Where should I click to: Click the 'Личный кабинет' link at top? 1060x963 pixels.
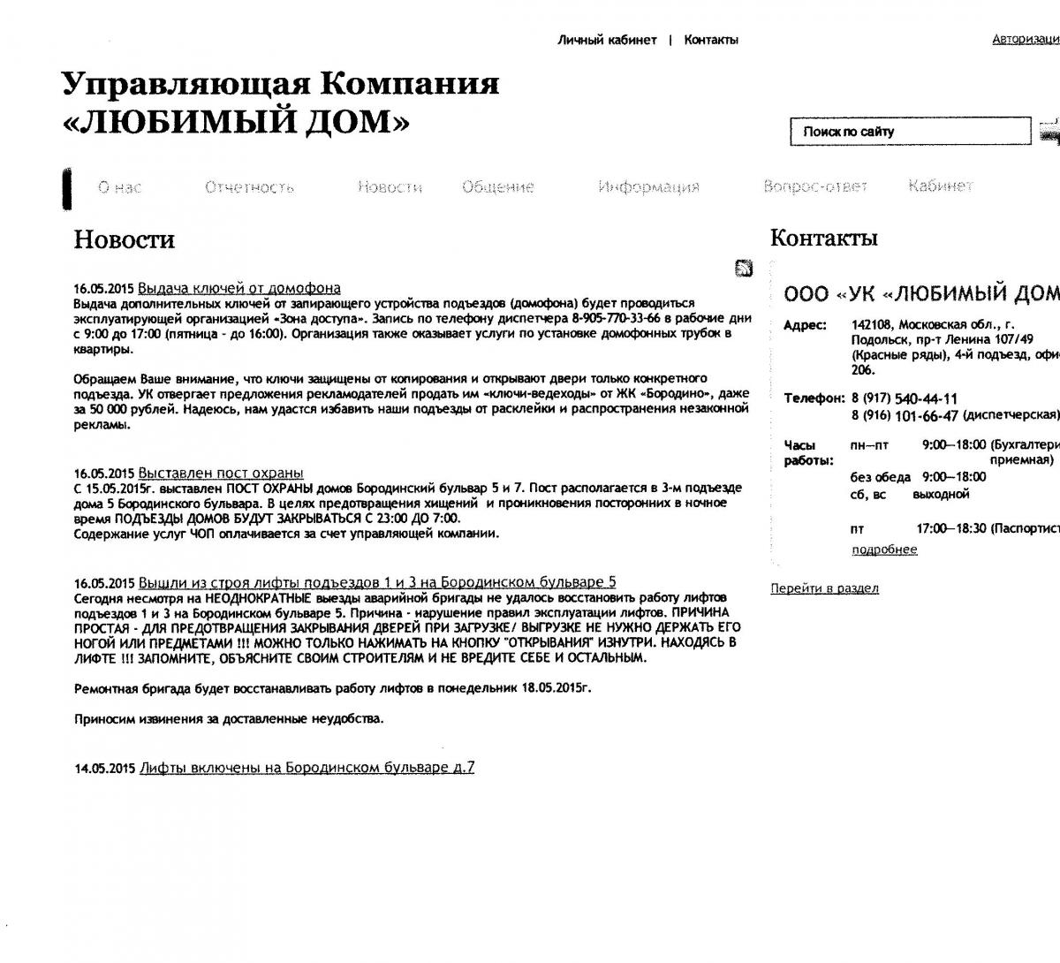pyautogui.click(x=607, y=40)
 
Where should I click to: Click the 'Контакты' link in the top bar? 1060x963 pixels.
pyautogui.click(x=711, y=40)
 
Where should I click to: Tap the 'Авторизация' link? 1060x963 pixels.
pyautogui.click(x=1026, y=40)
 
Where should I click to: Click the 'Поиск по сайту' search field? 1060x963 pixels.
pyautogui.click(x=910, y=132)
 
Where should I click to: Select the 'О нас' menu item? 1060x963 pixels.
pyautogui.click(x=119, y=187)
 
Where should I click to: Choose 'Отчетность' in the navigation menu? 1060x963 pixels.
pyautogui.click(x=249, y=187)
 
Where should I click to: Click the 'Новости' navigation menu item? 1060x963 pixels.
pyautogui.click(x=390, y=187)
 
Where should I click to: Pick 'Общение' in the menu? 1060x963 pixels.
pyautogui.click(x=498, y=187)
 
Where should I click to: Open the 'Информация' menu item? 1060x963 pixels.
pyautogui.click(x=648, y=187)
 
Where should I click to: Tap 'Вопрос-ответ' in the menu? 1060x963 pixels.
pyautogui.click(x=815, y=186)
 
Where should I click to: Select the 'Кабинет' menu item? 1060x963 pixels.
pyautogui.click(x=940, y=186)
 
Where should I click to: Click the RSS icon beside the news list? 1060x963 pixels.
pyautogui.click(x=744, y=269)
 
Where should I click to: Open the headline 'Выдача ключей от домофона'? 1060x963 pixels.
pyautogui.click(x=239, y=288)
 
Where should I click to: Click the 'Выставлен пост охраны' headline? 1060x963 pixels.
pyautogui.click(x=221, y=473)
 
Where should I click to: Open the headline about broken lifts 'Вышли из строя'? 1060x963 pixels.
pyautogui.click(x=377, y=582)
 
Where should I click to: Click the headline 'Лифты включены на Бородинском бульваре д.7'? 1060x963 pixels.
pyautogui.click(x=307, y=768)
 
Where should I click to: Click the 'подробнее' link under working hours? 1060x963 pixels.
pyautogui.click(x=884, y=550)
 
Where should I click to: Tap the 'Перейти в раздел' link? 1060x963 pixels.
pyautogui.click(x=824, y=588)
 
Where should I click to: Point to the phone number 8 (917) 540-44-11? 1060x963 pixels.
pyautogui.click(x=905, y=398)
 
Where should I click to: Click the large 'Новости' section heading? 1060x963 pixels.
pyautogui.click(x=125, y=240)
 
